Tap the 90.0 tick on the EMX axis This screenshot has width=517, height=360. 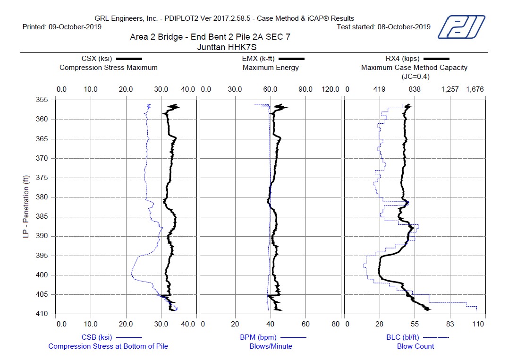click(305, 89)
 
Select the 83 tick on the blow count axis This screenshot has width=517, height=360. click(449, 324)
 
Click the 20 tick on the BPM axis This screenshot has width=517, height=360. click(235, 324)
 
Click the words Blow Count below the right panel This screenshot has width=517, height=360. click(415, 346)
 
